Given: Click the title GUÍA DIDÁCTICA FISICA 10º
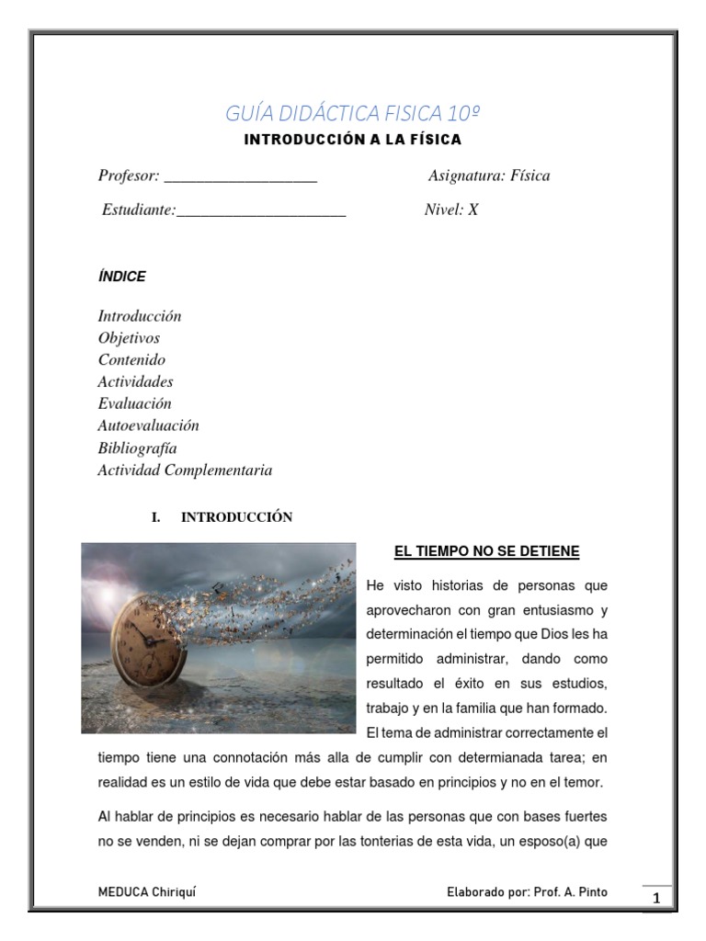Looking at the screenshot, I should point(353,113).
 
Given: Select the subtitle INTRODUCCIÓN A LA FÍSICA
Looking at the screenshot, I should point(353,141).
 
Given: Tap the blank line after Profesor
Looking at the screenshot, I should point(241,176).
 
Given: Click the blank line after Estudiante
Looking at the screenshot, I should point(261,210).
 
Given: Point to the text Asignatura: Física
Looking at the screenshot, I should point(489,176).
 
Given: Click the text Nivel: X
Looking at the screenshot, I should point(450,210).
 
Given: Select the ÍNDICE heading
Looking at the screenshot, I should point(121,276).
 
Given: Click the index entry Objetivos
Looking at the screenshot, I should point(129,338).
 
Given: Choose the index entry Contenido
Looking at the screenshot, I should point(131,360).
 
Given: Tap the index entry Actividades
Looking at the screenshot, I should point(135,381).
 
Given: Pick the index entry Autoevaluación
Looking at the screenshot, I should point(148,426).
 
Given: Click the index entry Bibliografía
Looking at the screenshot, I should point(137,448).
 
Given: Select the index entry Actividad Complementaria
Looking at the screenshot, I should point(185,470).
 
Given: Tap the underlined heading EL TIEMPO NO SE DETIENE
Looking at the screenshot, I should point(486,551).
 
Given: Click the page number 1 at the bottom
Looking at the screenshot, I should point(656,898).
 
